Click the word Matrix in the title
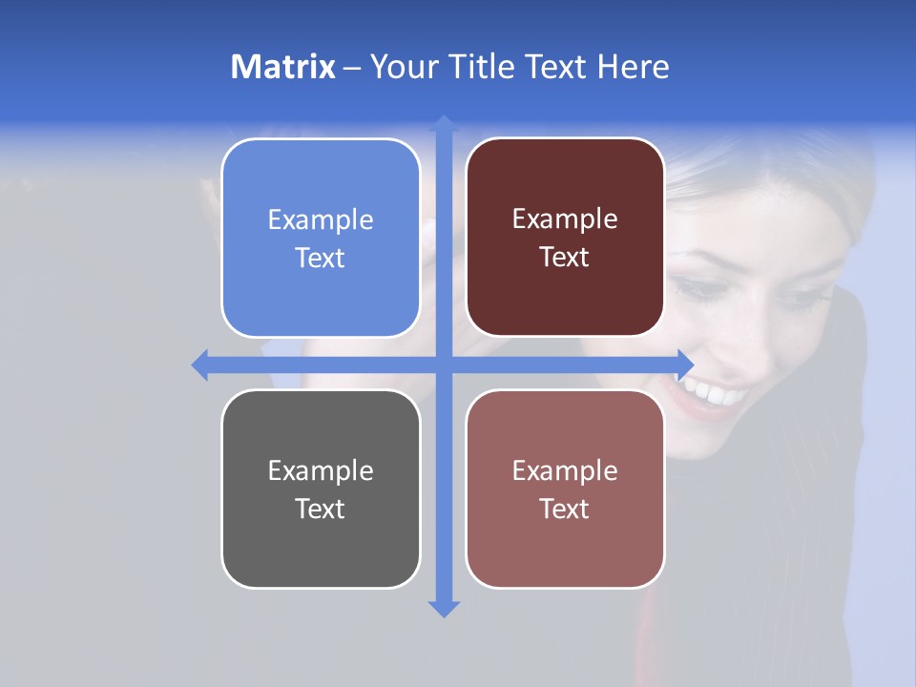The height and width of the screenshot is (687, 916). [282, 67]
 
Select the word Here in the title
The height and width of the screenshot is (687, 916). [633, 67]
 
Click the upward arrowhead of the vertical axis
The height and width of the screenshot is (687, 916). [444, 124]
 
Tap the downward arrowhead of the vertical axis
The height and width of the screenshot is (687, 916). [444, 608]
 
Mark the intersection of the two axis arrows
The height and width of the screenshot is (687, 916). [444, 364]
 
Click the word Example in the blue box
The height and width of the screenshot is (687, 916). [321, 219]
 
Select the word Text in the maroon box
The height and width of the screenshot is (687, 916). [564, 257]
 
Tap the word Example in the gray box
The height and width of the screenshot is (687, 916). [321, 470]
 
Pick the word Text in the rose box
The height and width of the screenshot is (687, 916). [564, 509]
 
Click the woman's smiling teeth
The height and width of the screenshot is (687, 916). [716, 392]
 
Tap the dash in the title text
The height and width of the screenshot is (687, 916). [352, 69]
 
